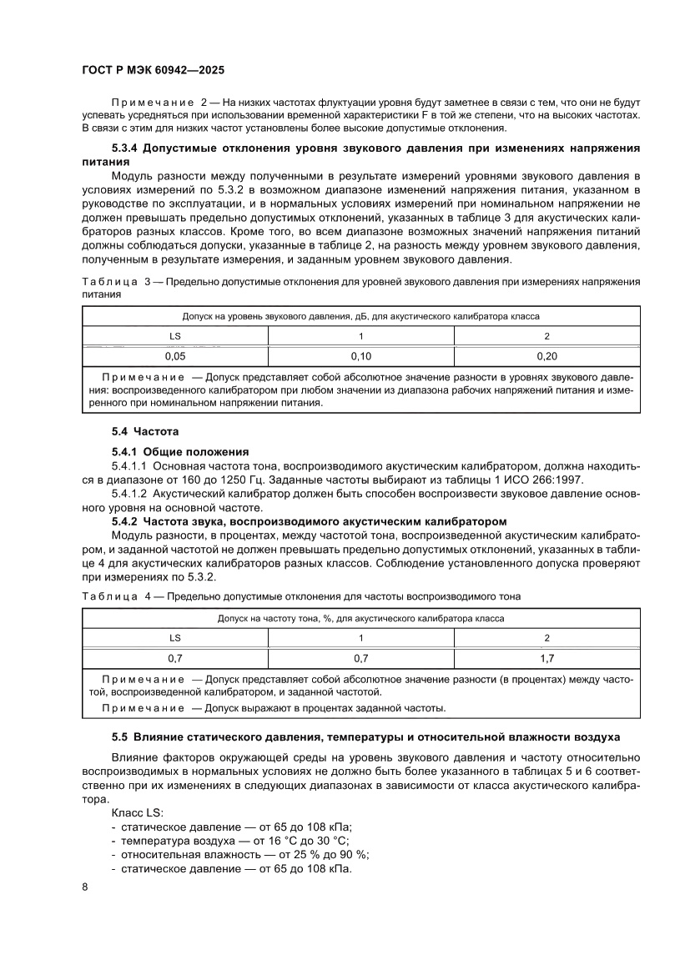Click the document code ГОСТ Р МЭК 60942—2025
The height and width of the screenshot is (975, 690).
[153, 72]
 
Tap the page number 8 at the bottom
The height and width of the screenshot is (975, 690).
[85, 886]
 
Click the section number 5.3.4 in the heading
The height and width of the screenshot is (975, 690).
[128, 148]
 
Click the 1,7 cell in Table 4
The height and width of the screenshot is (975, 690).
[546, 658]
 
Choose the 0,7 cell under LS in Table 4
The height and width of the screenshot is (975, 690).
[175, 658]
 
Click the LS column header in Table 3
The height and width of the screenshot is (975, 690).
[175, 336]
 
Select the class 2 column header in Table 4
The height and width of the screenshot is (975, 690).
[546, 638]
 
